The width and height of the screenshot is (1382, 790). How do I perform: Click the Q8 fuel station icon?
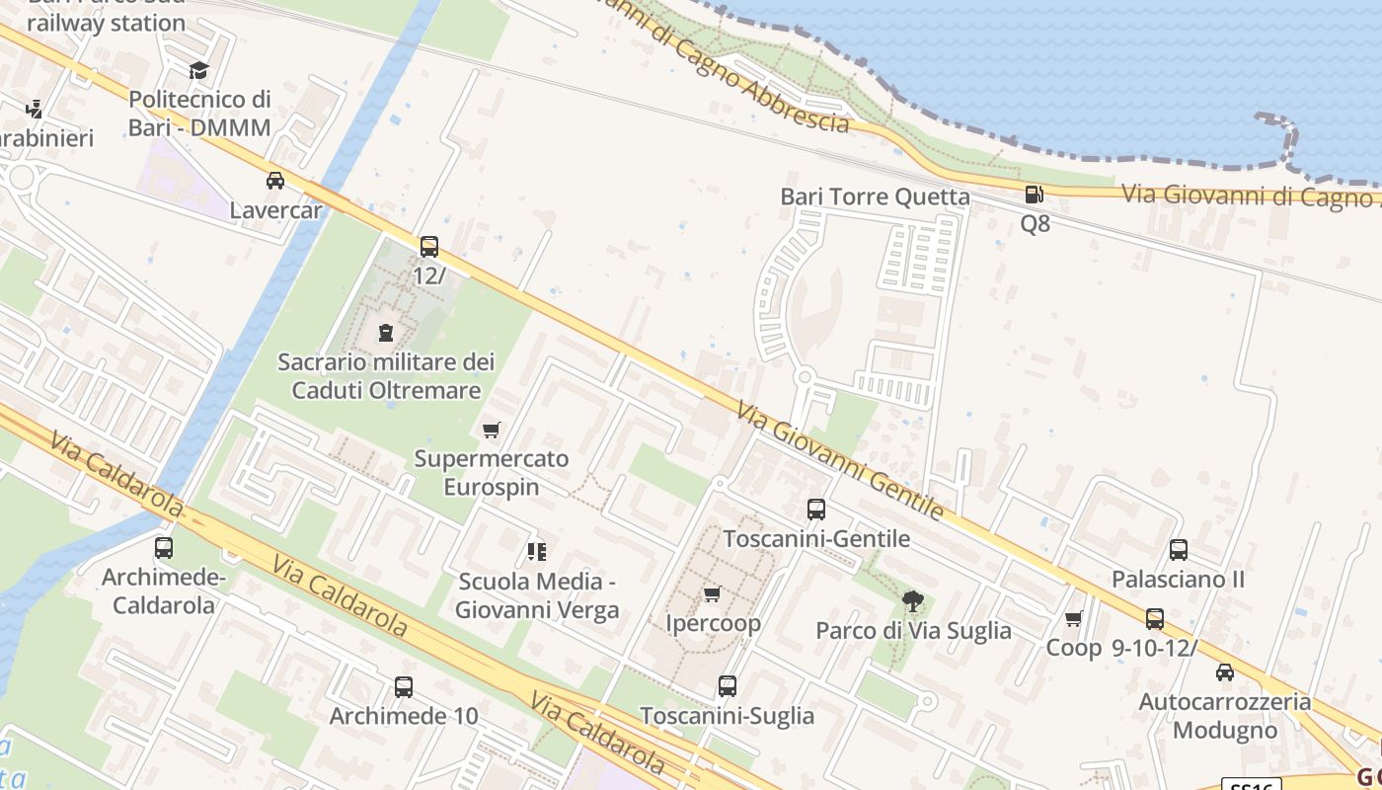1034,195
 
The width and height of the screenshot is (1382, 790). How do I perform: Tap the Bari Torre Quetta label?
875,197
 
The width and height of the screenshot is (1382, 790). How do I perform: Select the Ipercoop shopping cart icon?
712,593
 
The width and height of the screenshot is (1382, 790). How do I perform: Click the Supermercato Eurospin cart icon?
491,430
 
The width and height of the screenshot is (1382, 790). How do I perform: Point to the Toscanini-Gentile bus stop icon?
816,510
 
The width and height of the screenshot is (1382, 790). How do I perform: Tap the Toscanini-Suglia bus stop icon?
728,685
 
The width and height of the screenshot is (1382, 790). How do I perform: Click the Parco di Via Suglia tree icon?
913,599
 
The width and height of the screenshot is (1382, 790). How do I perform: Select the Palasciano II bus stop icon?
1178,550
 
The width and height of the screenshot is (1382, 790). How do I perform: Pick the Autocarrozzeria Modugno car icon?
1225,672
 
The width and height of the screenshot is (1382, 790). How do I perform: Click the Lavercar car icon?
275,181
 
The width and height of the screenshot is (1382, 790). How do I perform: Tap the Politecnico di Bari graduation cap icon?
199,70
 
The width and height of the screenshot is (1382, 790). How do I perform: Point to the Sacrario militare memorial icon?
386,333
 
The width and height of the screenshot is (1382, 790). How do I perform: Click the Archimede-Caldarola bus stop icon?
164,547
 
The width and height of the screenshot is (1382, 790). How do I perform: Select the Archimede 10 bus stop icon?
403,686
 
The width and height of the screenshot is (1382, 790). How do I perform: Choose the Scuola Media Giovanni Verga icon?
537,551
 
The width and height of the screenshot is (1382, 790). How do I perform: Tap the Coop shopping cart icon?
1073,619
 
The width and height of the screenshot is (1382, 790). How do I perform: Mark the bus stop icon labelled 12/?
429,247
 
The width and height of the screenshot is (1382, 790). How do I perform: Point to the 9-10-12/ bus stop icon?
1154,619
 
